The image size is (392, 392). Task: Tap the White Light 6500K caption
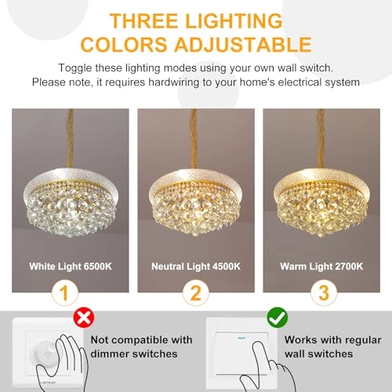click(x=70, y=267)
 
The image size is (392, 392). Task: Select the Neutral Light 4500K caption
click(x=195, y=267)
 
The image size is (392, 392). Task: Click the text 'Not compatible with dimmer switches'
click(x=142, y=349)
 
